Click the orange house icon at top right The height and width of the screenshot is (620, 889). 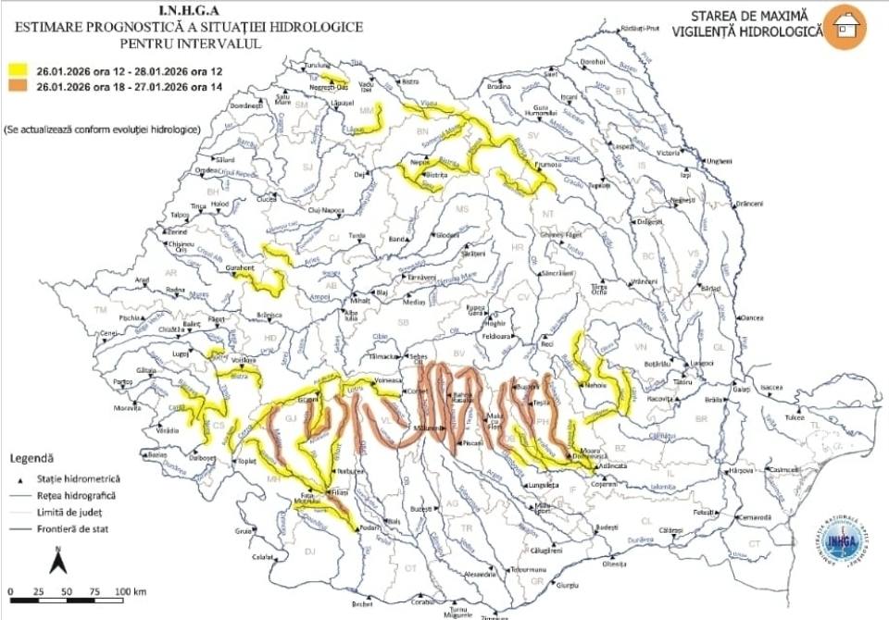[x=846, y=27]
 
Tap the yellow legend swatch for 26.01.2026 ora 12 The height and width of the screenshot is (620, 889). [x=19, y=70]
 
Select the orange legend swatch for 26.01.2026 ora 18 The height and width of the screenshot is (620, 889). [x=19, y=86]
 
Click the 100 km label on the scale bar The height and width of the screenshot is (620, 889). [x=129, y=590]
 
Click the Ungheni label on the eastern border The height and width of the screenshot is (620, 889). [x=719, y=161]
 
